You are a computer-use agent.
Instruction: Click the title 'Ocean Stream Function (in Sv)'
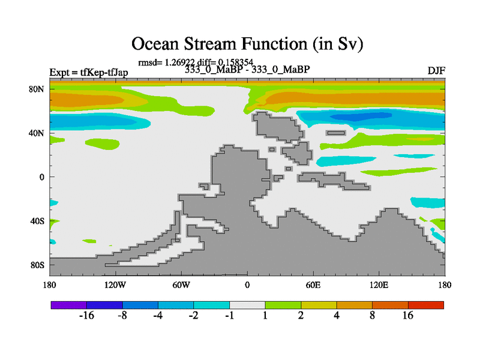[x=247, y=44]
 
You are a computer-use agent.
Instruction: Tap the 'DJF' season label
[x=436, y=71]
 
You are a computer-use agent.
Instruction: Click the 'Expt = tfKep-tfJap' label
[x=89, y=72]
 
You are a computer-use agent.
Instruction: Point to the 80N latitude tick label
[x=37, y=89]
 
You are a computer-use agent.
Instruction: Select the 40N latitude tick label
[x=37, y=133]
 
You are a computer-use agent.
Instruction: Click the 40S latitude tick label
[x=37, y=221]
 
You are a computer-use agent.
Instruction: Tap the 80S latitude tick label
[x=37, y=265]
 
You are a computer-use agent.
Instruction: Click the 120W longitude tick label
[x=115, y=285]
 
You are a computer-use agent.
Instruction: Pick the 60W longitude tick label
[x=181, y=285]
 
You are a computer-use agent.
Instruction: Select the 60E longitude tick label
[x=313, y=285]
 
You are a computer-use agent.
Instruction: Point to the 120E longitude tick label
[x=379, y=285]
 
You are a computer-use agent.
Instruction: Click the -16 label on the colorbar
[x=86, y=316]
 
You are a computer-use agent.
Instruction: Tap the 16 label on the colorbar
[x=408, y=316]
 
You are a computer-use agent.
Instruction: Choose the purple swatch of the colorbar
[x=69, y=305]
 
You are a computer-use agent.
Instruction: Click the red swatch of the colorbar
[x=426, y=305]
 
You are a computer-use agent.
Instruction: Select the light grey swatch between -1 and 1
[x=247, y=305]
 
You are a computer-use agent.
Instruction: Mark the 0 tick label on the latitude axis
[x=41, y=177]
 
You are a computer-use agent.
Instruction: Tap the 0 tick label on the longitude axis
[x=247, y=285]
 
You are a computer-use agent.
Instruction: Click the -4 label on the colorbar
[x=158, y=316]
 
